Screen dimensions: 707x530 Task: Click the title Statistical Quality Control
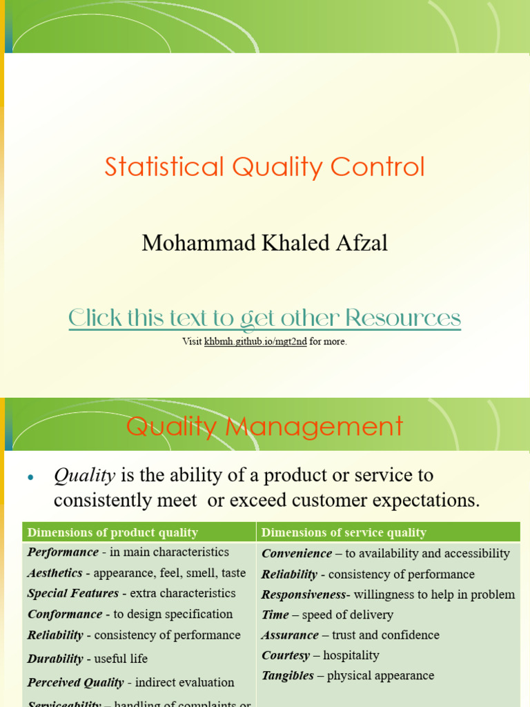pyautogui.click(x=264, y=167)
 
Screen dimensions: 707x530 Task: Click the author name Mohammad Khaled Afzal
pyautogui.click(x=264, y=243)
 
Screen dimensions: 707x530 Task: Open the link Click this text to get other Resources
pyautogui.click(x=264, y=318)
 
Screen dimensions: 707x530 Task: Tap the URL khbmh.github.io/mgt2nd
pyautogui.click(x=255, y=342)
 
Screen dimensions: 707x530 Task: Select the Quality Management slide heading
pyautogui.click(x=264, y=426)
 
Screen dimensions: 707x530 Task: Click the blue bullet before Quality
pyautogui.click(x=30, y=478)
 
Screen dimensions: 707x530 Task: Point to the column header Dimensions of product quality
pyautogui.click(x=112, y=532)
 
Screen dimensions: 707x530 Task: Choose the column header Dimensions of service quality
pyautogui.click(x=344, y=532)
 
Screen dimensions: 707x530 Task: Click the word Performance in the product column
pyautogui.click(x=63, y=552)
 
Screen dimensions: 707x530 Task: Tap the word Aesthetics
pyautogui.click(x=55, y=573)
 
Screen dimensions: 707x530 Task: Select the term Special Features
pyautogui.click(x=73, y=593)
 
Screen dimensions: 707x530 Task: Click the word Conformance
pyautogui.click(x=65, y=614)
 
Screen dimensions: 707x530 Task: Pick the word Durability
pyautogui.click(x=55, y=659)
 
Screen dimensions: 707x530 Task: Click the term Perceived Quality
pyautogui.click(x=76, y=682)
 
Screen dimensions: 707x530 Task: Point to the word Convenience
pyautogui.click(x=297, y=554)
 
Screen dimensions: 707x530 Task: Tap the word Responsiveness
pyautogui.click(x=304, y=594)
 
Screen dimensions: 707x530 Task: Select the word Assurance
pyautogui.click(x=290, y=635)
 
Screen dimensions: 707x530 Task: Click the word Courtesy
pyautogui.click(x=286, y=655)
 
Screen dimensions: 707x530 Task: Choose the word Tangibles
pyautogui.click(x=288, y=676)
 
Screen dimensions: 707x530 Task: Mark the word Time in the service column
pyautogui.click(x=274, y=614)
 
